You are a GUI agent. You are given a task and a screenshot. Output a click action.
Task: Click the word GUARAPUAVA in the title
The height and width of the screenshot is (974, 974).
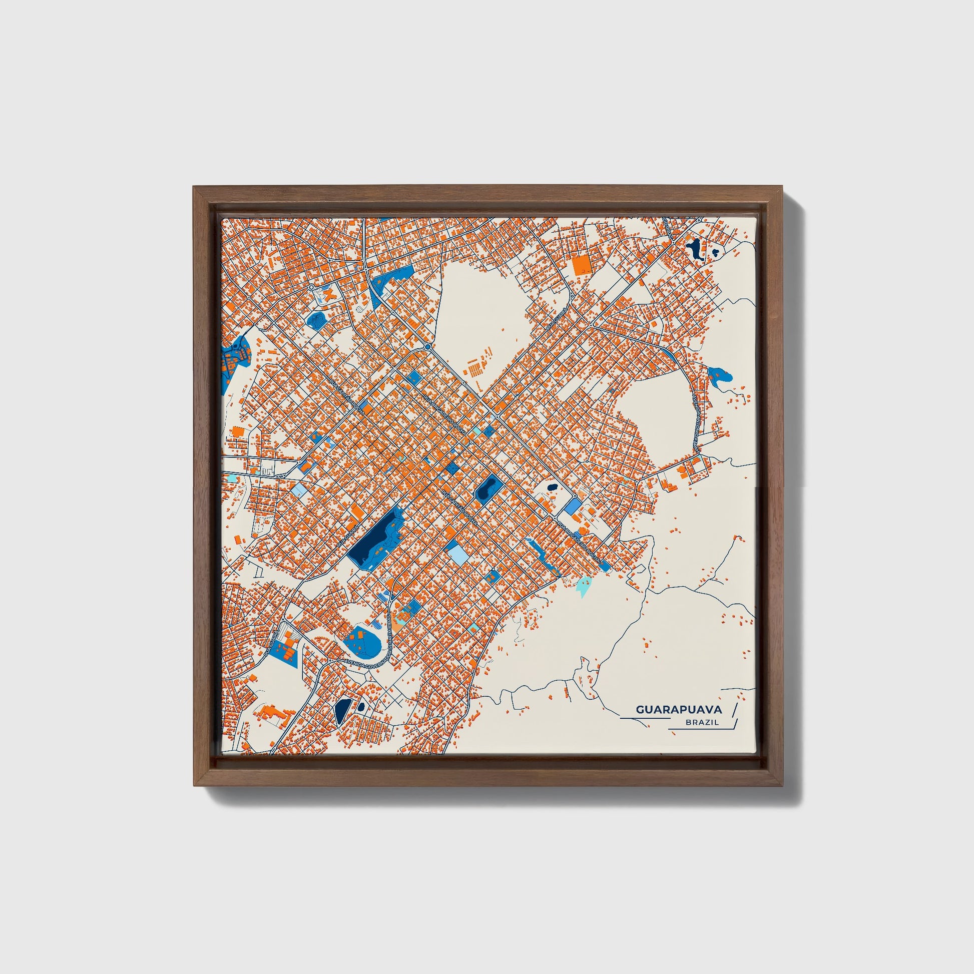pos(679,709)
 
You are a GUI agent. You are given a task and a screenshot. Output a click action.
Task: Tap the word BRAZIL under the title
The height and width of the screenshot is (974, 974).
pos(702,722)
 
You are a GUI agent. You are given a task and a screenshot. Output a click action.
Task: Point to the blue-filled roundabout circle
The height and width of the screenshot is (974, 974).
pos(427,347)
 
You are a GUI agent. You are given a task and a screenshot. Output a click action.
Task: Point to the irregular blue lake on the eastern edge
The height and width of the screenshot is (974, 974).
pos(719,375)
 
